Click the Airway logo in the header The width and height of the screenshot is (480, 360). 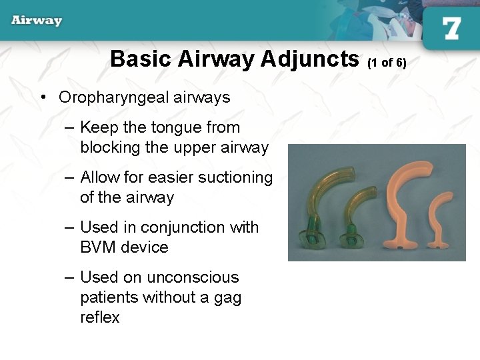point(36,20)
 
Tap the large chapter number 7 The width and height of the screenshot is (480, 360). point(451,28)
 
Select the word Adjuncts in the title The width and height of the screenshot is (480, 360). point(310,59)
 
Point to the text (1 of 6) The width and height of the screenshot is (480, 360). point(387,63)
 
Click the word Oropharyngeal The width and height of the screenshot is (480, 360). point(113,97)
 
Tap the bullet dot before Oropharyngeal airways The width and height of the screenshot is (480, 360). point(42,97)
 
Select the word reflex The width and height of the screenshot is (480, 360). point(100,317)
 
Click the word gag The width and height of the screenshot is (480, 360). point(227,297)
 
